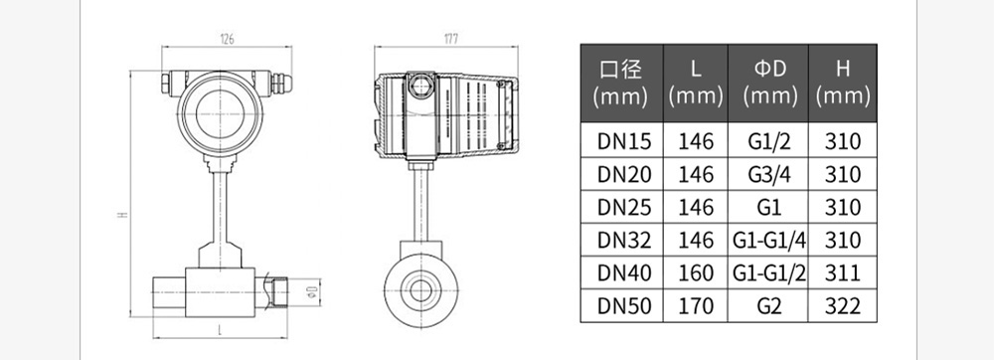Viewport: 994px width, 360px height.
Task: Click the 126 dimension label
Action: (227, 39)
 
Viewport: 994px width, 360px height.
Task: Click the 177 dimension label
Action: (450, 39)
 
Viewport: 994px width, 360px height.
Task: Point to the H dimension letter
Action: (122, 216)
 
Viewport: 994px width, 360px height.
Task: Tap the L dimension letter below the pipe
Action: (220, 329)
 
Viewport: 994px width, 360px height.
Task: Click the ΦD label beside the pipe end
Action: (311, 290)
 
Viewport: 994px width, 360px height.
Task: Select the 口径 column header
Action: (621, 69)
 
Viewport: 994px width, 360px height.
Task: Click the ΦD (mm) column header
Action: (769, 83)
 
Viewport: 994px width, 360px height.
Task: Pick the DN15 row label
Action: (624, 140)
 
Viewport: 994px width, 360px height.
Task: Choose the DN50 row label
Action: (624, 306)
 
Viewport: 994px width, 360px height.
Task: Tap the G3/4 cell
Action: (769, 174)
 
